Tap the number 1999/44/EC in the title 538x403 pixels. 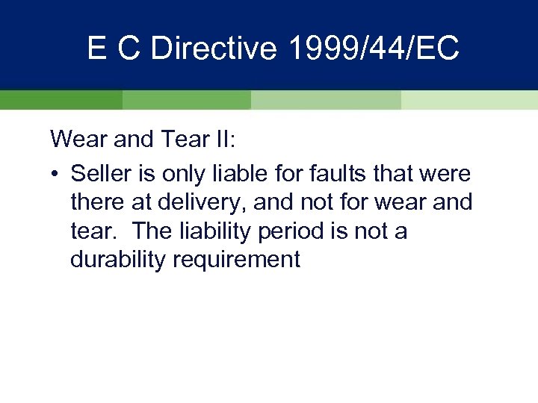coord(368,49)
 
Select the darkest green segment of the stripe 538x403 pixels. coord(61,100)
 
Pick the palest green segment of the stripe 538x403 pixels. coord(469,100)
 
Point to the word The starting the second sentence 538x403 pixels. coord(154,231)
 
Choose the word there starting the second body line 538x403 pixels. coord(96,203)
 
